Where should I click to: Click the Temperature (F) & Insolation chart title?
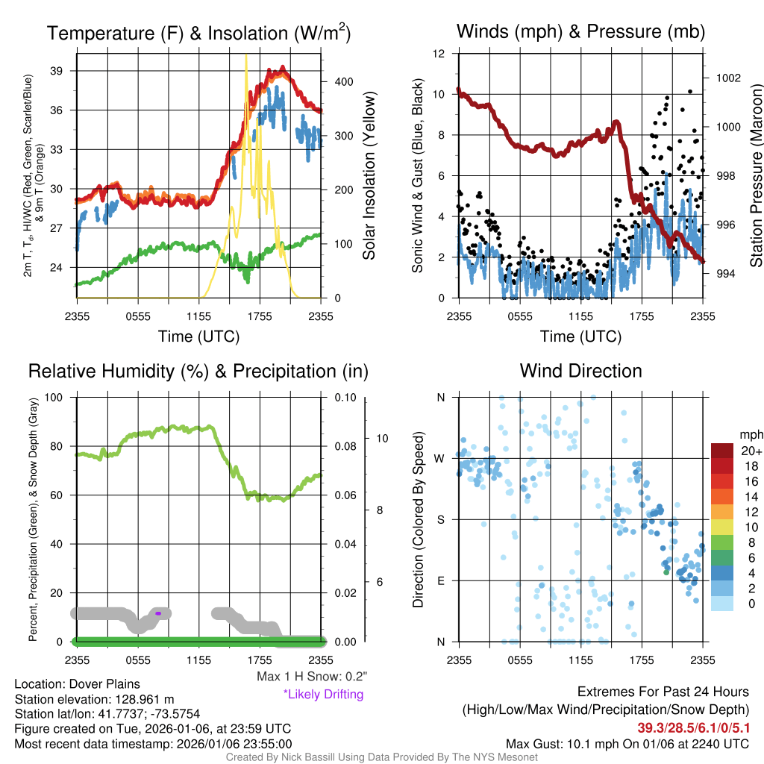click(198, 33)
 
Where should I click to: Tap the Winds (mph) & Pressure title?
click(580, 31)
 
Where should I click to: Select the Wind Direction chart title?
click(580, 371)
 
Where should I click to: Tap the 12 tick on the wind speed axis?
click(439, 54)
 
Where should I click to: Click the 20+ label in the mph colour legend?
click(748, 451)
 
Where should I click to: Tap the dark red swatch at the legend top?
click(724, 451)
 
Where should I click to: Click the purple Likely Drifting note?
click(323, 694)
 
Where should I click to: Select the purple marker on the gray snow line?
click(158, 613)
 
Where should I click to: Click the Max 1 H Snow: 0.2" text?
click(311, 677)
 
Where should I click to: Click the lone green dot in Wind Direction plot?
click(666, 572)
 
